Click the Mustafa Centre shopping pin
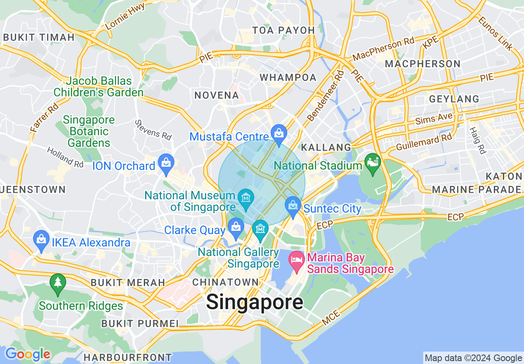point(279,133)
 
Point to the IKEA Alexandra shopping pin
point(41,239)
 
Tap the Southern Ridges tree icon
point(57,283)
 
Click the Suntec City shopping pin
point(293,205)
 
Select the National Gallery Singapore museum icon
point(260,229)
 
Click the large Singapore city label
point(255,302)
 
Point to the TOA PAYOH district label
point(283,30)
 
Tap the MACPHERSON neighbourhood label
point(422,64)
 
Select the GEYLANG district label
point(454,99)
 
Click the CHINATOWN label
point(226,282)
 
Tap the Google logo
point(28,354)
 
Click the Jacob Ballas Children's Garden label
point(98,87)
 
